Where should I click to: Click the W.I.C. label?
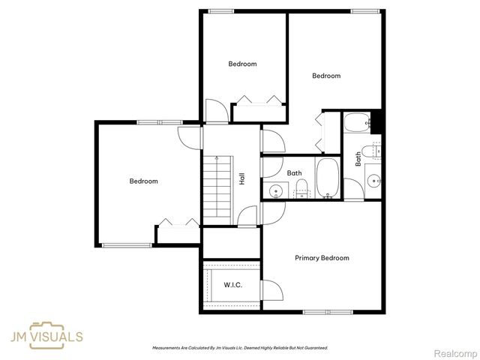[x=232, y=284]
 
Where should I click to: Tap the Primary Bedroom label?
[x=322, y=258]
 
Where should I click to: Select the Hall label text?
[x=241, y=179]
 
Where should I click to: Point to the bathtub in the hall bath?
[x=327, y=178]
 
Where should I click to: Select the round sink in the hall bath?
[x=275, y=189]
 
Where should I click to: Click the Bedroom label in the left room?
[x=143, y=181]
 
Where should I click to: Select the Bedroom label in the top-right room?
[x=326, y=76]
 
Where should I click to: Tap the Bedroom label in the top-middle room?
[x=242, y=64]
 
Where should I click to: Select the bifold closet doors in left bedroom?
[x=177, y=222]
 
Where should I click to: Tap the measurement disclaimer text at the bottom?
[x=240, y=348]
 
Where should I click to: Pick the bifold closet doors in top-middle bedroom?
[x=259, y=99]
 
